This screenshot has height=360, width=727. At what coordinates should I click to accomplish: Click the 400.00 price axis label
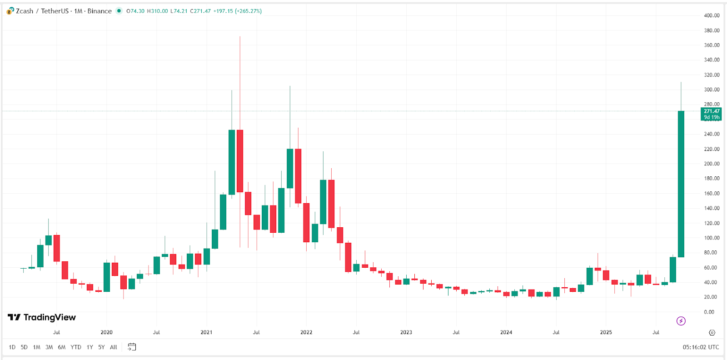pyautogui.click(x=712, y=15)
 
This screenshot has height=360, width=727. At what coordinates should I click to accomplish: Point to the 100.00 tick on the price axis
pyautogui.click(x=712, y=238)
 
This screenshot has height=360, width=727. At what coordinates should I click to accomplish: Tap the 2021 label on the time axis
pyautogui.click(x=206, y=332)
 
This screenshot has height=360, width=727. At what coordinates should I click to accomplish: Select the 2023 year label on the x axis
pyautogui.click(x=406, y=332)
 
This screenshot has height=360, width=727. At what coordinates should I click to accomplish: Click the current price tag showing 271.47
pyautogui.click(x=711, y=111)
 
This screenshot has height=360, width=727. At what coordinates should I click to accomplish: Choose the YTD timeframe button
pyautogui.click(x=76, y=347)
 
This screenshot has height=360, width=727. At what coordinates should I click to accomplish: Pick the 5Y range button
pyautogui.click(x=101, y=347)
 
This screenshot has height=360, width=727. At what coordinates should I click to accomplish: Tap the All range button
pyautogui.click(x=114, y=347)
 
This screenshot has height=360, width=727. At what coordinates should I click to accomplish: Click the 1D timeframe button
pyautogui.click(x=12, y=347)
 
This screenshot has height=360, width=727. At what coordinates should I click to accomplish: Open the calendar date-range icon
pyautogui.click(x=132, y=347)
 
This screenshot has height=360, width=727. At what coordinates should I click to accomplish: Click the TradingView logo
pyautogui.click(x=42, y=317)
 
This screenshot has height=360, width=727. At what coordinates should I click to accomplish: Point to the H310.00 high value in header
pyautogui.click(x=157, y=11)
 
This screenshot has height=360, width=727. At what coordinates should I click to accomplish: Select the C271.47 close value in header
pyautogui.click(x=200, y=11)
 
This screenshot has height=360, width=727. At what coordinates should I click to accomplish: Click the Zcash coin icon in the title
pyautogui.click(x=10, y=11)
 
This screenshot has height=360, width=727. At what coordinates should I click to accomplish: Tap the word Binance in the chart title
pyautogui.click(x=100, y=11)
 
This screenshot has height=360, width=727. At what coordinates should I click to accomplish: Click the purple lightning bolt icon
pyautogui.click(x=681, y=321)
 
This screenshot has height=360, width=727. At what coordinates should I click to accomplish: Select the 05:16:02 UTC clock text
pyautogui.click(x=701, y=347)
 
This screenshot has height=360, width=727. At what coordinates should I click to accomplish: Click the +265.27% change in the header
pyautogui.click(x=248, y=11)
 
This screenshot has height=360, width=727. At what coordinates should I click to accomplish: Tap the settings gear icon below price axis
pyautogui.click(x=712, y=333)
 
